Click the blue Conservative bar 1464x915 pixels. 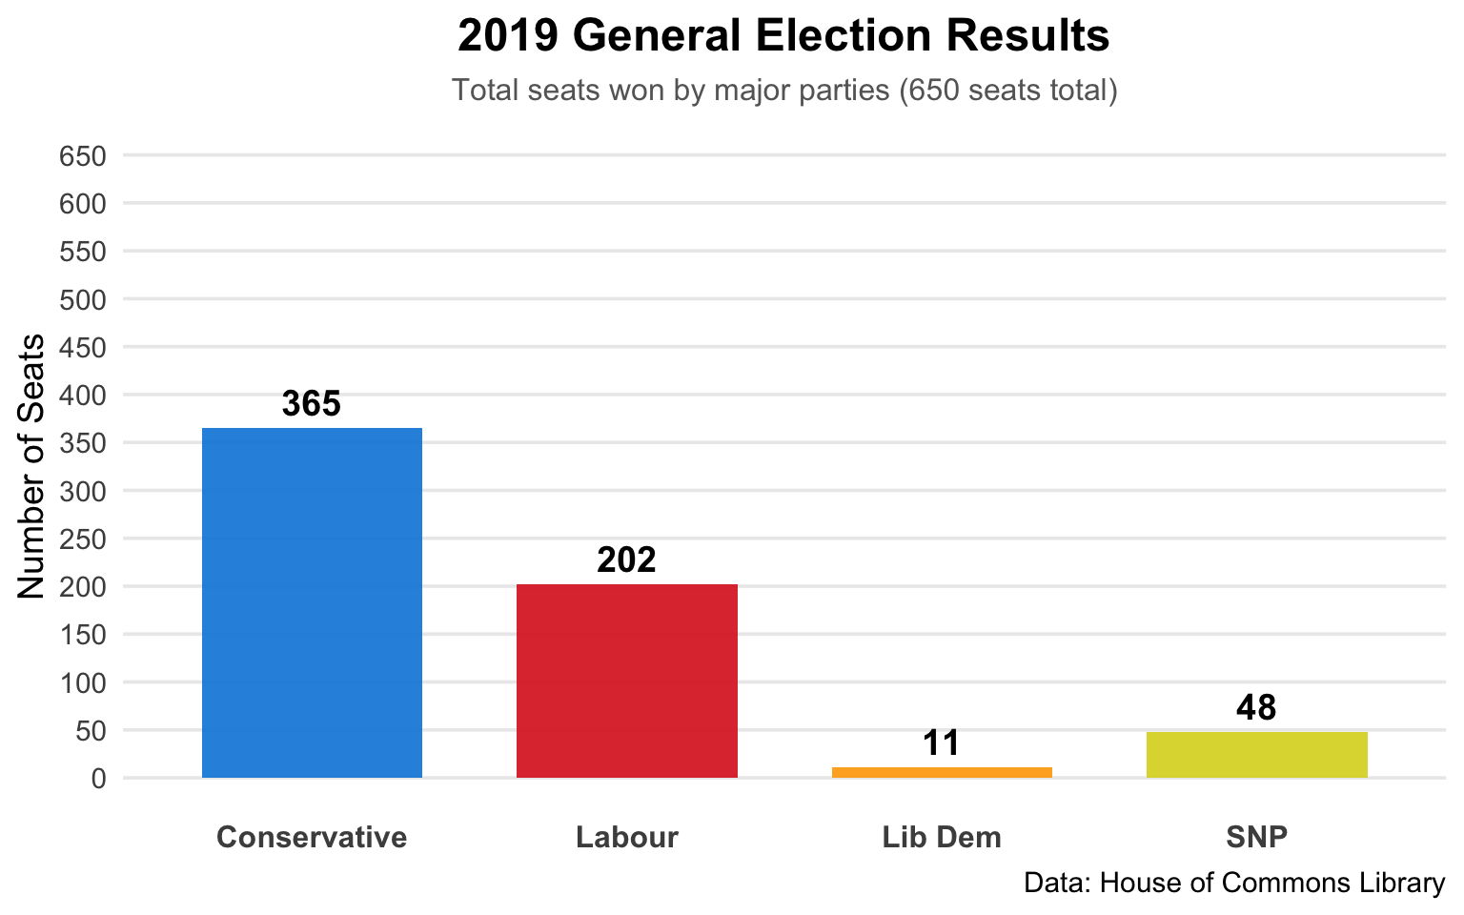click(312, 602)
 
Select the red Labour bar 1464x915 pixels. click(627, 681)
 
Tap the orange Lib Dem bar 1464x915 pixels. click(942, 772)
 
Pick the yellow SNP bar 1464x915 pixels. click(1256, 755)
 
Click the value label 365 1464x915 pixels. click(312, 404)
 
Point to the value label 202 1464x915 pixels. click(627, 560)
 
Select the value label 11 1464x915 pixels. click(942, 743)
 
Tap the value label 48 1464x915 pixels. click(1256, 708)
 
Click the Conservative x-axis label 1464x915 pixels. click(312, 838)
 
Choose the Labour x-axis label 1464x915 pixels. click(627, 838)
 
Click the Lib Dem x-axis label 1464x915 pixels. click(942, 838)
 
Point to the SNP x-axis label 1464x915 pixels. click(1256, 838)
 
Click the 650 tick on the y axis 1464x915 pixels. click(82, 156)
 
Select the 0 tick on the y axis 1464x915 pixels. click(99, 779)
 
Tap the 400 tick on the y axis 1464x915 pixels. click(82, 396)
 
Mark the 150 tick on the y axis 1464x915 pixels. click(82, 635)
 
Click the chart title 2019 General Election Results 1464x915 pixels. click(783, 36)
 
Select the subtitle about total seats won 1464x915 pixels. click(783, 91)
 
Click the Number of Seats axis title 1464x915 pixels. click(32, 466)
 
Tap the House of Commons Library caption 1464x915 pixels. click(1233, 883)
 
